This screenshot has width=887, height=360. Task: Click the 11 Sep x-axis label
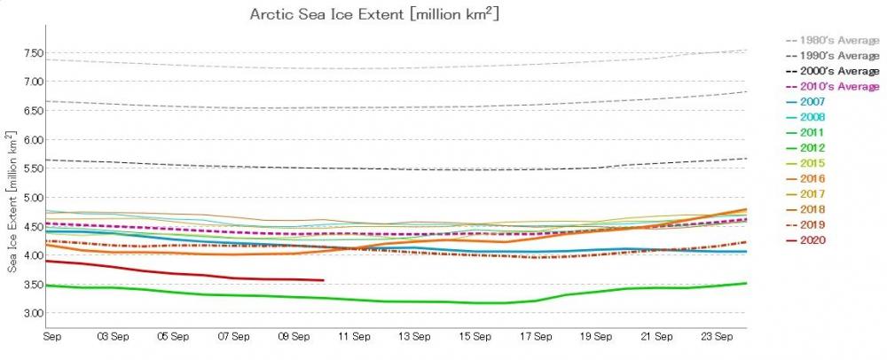pyautogui.click(x=354, y=337)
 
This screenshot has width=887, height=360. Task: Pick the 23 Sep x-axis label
pyautogui.click(x=717, y=337)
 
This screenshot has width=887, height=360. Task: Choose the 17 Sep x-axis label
pyautogui.click(x=535, y=337)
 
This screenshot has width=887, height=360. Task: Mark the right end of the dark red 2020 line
pyautogui.click(x=323, y=280)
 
